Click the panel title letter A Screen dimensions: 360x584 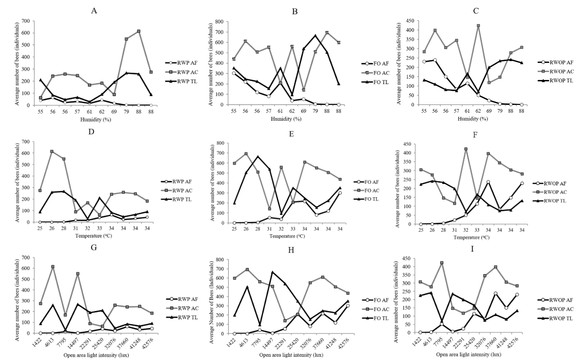coord(94,10)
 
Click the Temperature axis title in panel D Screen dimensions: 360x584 coord(95,237)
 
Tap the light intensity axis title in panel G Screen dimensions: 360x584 coord(95,356)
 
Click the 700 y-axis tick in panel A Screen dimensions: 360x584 coord(26,21)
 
